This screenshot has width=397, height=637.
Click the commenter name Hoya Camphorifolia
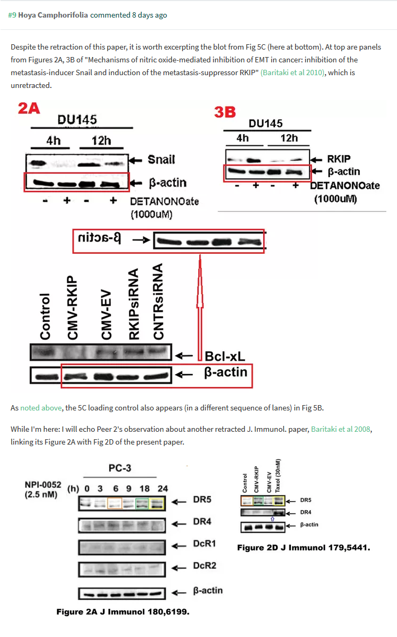point(53,15)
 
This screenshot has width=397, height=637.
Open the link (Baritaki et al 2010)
point(292,72)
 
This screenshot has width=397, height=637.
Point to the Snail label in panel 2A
point(161,159)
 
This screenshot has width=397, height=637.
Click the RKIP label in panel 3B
point(339,159)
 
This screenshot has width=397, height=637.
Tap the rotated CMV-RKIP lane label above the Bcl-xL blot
point(72,308)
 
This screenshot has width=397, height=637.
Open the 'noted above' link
point(40,408)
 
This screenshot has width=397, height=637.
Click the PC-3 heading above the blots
point(120,468)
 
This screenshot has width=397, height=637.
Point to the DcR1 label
point(205,546)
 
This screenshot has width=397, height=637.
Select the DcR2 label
point(205,566)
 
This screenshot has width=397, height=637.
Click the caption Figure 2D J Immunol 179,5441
point(304,547)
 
